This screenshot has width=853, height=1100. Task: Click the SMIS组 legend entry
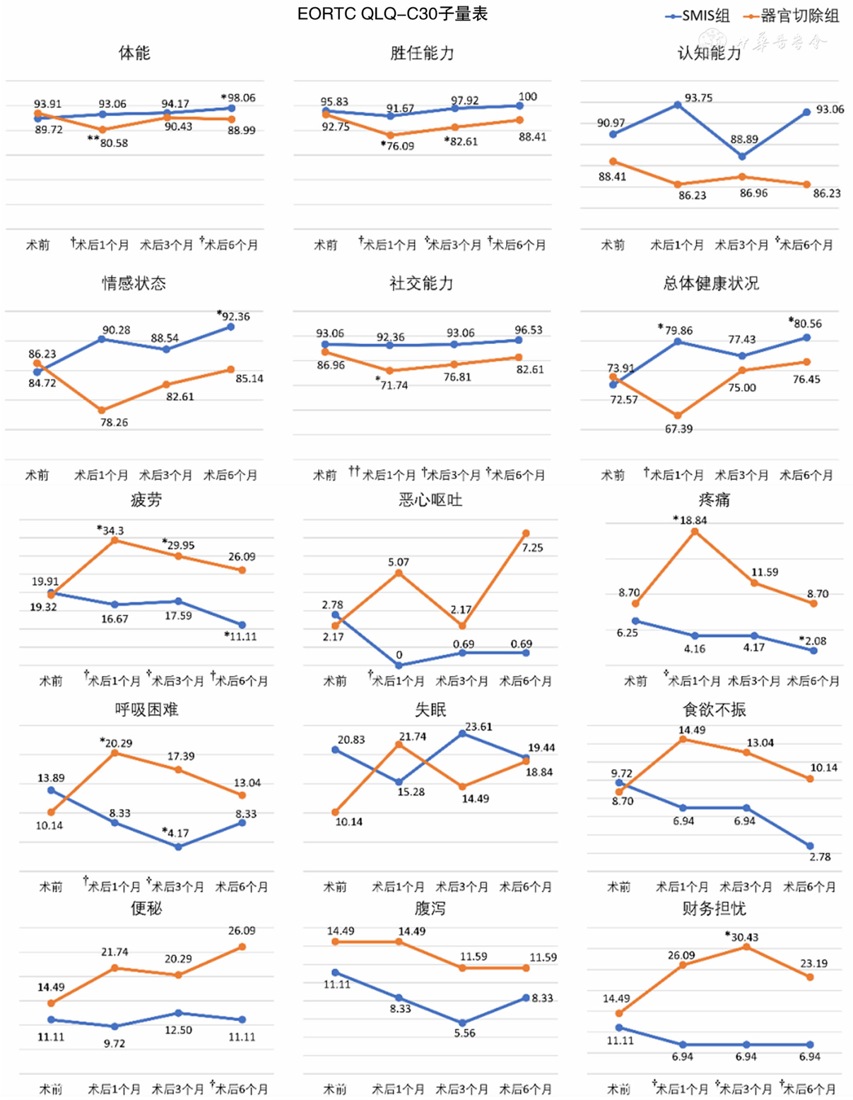(x=698, y=16)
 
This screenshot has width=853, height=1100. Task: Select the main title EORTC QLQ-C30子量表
(x=392, y=14)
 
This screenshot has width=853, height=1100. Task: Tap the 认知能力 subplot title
(x=709, y=53)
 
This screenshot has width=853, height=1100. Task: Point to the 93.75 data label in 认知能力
(x=698, y=97)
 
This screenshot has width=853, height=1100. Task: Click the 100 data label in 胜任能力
(x=527, y=96)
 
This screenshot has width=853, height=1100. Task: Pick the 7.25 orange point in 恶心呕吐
(x=526, y=533)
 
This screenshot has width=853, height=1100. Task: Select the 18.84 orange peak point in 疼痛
(x=695, y=531)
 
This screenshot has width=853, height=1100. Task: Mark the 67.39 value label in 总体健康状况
(x=678, y=429)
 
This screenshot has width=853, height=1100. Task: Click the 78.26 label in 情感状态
(x=114, y=422)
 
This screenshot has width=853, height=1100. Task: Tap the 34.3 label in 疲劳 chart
(x=112, y=530)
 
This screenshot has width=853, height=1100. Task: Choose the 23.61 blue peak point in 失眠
(x=463, y=733)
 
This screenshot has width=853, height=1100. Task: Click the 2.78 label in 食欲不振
(x=820, y=857)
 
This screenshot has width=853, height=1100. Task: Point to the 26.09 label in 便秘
(x=242, y=931)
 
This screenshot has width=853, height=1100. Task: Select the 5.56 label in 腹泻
(x=464, y=1033)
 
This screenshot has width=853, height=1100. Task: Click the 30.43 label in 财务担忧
(x=743, y=937)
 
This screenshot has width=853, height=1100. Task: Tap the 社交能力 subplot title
(x=421, y=283)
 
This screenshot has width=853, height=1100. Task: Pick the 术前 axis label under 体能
(x=37, y=245)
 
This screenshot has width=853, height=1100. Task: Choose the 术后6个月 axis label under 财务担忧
(x=810, y=1089)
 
